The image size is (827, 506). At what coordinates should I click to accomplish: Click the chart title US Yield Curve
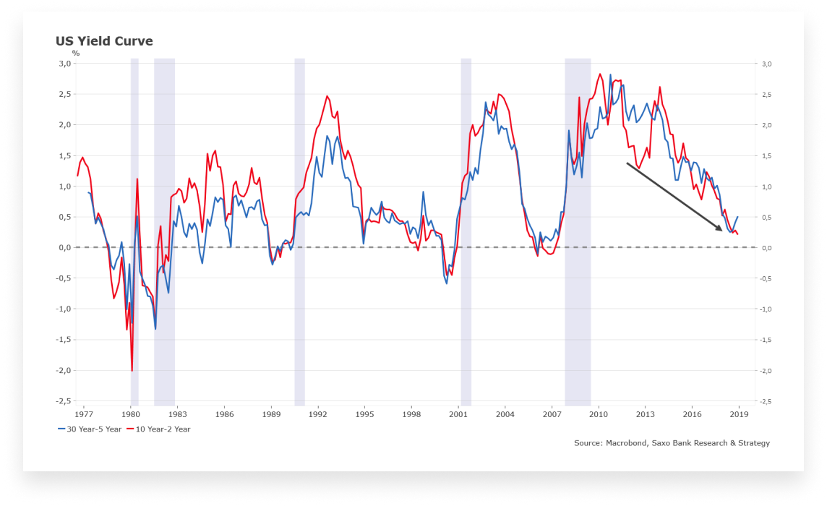pos(104,41)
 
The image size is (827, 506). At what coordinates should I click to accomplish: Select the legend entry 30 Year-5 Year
pos(90,429)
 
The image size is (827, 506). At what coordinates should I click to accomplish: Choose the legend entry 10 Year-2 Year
pos(159,429)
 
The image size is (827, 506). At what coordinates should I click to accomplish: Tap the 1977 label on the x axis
pos(84,414)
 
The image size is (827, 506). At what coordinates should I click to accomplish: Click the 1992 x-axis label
pos(318,414)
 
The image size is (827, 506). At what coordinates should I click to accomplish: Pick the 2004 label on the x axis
pos(505,414)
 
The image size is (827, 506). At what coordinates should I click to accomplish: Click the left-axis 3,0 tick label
pos(65,64)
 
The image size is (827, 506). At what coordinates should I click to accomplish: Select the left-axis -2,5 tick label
pos(64,401)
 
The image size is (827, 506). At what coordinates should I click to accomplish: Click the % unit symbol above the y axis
pos(76,53)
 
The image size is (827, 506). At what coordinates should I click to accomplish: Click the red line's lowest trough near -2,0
pos(132,370)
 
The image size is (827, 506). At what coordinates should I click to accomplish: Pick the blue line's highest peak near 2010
pos(610,75)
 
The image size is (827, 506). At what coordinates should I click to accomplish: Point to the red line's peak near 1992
pos(327,97)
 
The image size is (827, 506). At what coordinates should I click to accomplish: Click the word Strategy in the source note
pos(754,443)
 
